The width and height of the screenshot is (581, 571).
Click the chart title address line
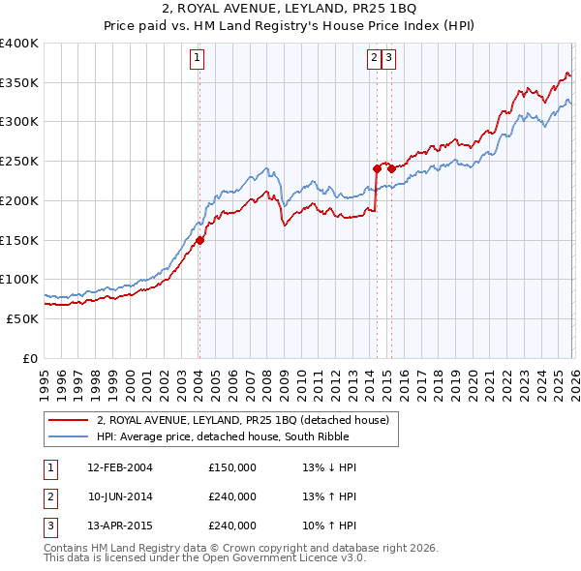coord(290,9)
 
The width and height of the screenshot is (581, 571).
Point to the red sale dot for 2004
coord(199,240)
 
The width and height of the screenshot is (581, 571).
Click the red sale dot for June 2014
coord(377,168)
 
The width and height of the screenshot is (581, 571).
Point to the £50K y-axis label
coord(21,318)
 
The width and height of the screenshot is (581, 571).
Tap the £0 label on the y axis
coord(29,358)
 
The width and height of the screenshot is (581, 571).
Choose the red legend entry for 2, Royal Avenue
coord(242,420)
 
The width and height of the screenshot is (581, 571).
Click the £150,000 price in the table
coord(232,467)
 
